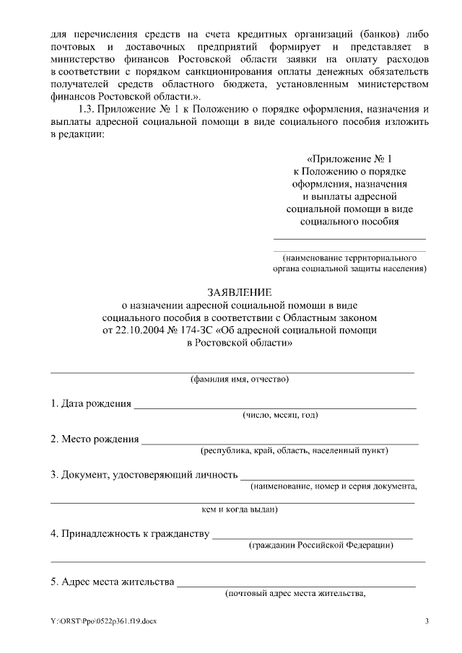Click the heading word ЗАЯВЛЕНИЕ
pos(240,292)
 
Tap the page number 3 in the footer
pos(427,621)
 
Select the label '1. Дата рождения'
pos(90,403)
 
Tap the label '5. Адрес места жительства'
pos(112,582)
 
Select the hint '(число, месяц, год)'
pos(280,415)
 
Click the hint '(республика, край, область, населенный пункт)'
pos(295,451)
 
